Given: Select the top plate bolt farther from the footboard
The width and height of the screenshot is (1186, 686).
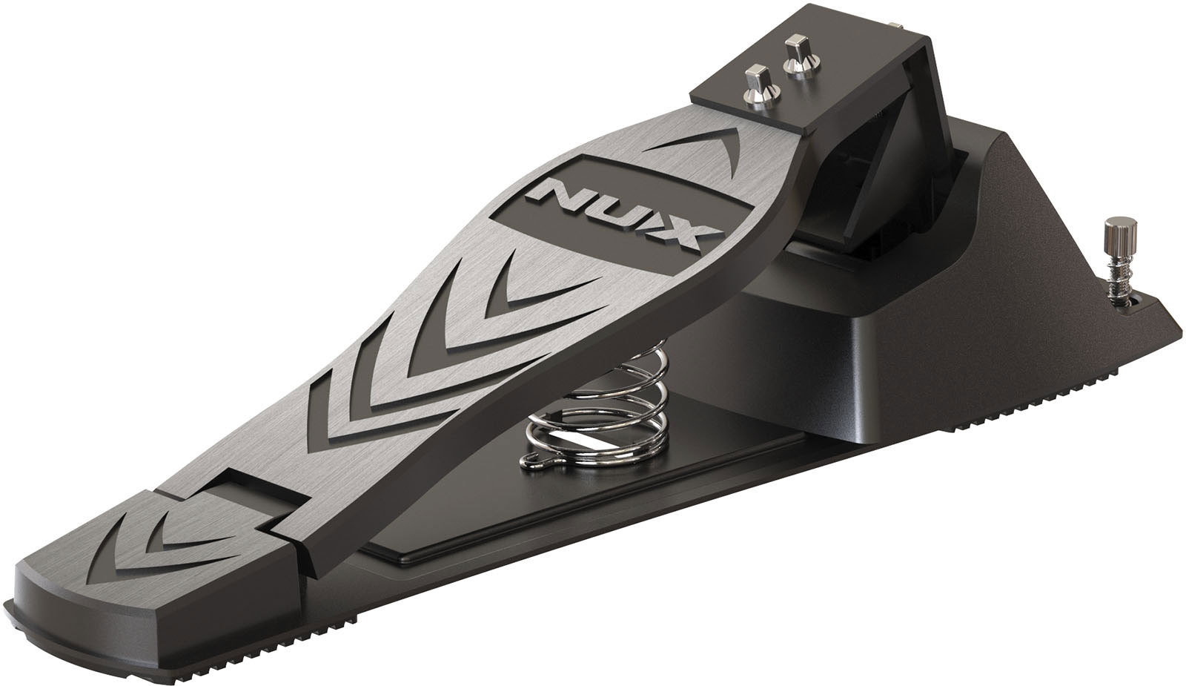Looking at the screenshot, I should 798,54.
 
